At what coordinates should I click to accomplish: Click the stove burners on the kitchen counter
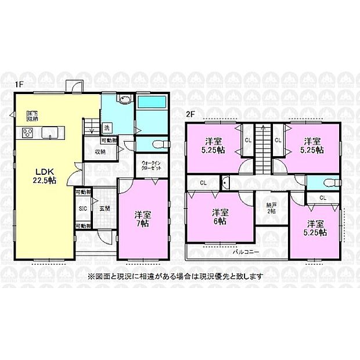(x=28, y=133)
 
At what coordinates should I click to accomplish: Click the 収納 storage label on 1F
(x=99, y=152)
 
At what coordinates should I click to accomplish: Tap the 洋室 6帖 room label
(x=219, y=216)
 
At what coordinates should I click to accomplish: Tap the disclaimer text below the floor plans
(x=174, y=276)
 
